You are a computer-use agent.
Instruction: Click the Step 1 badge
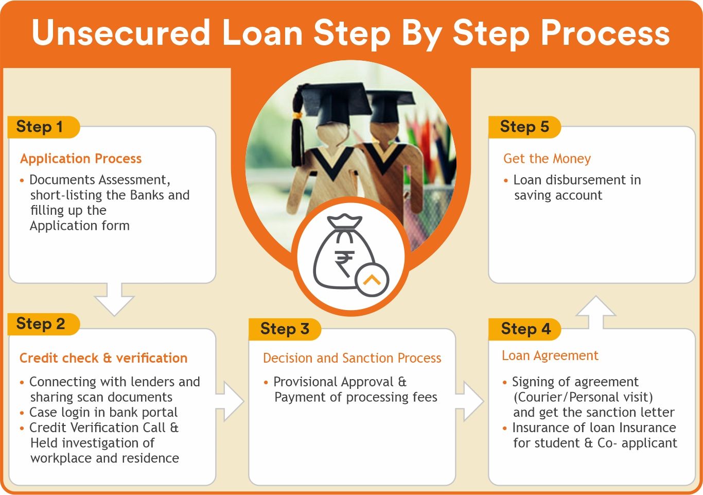[43, 127]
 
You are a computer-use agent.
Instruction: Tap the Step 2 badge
[43, 324]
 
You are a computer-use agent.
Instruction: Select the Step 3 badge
[285, 329]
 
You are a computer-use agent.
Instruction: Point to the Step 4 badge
[525, 329]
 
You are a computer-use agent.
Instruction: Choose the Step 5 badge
[525, 127]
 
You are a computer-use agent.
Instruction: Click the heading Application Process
[81, 159]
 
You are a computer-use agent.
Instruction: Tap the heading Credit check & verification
[103, 358]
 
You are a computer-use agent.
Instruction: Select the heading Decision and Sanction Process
[352, 358]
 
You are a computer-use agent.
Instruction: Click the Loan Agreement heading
[550, 356]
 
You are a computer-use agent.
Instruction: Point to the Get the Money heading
[547, 159]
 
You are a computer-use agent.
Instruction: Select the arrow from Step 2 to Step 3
[230, 401]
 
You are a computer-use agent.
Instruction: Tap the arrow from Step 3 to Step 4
[469, 401]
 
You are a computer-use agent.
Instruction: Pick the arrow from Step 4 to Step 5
[595, 312]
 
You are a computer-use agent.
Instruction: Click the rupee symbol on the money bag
[344, 264]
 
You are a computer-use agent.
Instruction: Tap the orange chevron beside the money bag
[372, 279]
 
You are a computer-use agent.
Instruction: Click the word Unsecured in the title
[121, 33]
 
